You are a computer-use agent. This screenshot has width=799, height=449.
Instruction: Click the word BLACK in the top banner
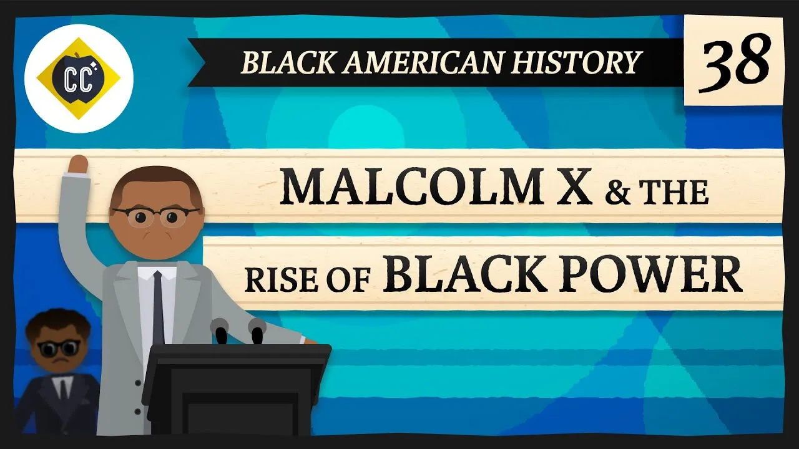click(279, 62)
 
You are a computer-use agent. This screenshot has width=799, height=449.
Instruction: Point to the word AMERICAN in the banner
click(419, 62)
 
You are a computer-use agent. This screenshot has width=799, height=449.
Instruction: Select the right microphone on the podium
click(257, 329)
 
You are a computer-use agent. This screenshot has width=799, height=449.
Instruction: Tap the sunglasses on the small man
click(59, 347)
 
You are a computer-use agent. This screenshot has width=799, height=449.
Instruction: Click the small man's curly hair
click(59, 326)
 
